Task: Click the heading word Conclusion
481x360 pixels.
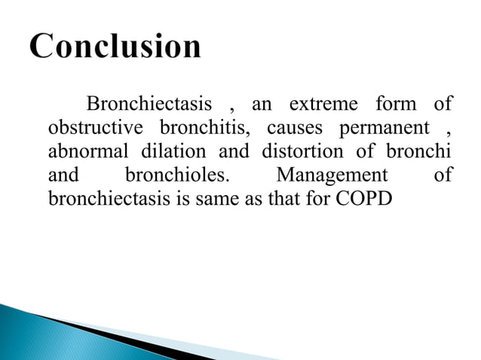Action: tap(116, 48)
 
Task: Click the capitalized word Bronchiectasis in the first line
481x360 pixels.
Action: tap(150, 103)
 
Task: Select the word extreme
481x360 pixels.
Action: tap(320, 103)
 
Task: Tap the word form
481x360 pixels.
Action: tap(395, 103)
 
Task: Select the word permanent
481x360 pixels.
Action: tap(384, 127)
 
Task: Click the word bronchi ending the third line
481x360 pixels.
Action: tap(419, 151)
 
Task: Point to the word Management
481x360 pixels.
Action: tap(332, 176)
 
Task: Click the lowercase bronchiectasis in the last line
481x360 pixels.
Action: tap(100, 200)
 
